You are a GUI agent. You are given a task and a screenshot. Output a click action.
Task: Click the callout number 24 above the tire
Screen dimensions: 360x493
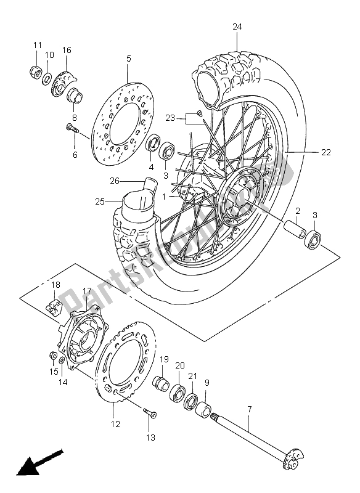tap(237, 26)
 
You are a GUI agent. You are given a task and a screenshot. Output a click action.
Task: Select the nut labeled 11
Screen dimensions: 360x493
tap(36, 71)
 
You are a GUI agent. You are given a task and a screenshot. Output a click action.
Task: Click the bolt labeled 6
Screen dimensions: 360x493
tap(72, 128)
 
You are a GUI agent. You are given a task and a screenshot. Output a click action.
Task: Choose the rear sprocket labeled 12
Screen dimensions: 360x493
tap(126, 362)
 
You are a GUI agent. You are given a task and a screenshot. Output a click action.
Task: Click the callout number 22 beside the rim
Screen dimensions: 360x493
tap(326, 152)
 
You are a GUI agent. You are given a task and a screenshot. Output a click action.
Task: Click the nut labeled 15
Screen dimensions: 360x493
tap(53, 356)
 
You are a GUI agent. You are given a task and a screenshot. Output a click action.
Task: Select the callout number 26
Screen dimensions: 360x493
tap(115, 181)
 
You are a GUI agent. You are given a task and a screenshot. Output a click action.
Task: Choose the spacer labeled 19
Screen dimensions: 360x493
tap(161, 383)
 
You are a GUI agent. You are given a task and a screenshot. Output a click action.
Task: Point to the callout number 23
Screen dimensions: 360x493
tap(170, 118)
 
